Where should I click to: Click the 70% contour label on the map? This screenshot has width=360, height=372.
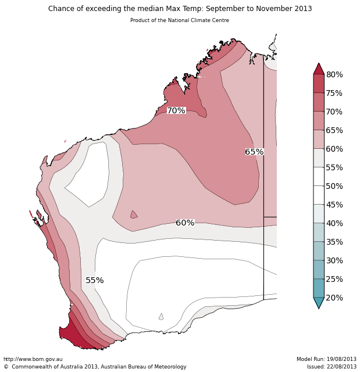[176, 110]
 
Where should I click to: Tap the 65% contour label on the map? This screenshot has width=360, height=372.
[254, 152]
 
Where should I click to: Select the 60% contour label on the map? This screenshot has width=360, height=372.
[185, 223]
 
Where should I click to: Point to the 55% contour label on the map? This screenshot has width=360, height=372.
[95, 280]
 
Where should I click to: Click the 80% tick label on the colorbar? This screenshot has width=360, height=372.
[334, 74]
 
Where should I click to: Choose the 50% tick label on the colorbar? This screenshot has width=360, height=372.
[334, 186]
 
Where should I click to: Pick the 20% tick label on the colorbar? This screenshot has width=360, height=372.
[334, 298]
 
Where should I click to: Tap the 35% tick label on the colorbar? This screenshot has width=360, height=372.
[334, 242]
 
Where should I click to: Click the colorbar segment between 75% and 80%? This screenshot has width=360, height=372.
[319, 84]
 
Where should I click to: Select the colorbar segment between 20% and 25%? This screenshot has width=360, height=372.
[319, 288]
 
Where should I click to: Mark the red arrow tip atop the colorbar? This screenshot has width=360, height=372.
[319, 69]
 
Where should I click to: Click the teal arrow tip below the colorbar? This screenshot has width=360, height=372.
[319, 303]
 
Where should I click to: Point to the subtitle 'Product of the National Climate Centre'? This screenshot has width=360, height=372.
[180, 20]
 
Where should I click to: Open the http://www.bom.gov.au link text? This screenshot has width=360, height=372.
[33, 359]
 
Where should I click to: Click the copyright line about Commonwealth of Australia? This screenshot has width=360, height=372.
[95, 367]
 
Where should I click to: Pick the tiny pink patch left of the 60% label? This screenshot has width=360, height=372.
[134, 215]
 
